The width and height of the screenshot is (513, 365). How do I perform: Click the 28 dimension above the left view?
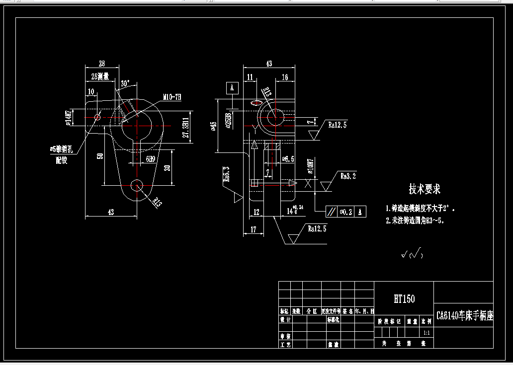coord(102,64)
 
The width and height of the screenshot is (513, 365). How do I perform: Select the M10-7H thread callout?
coord(171,97)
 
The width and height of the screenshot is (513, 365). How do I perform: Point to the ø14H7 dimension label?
coord(70,117)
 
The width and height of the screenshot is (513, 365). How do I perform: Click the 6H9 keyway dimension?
coord(150,159)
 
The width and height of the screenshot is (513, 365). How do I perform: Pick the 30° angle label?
coord(125,83)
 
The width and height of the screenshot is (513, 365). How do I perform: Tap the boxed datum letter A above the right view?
coord(232,88)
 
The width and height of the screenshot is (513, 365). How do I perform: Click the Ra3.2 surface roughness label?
coord(348,176)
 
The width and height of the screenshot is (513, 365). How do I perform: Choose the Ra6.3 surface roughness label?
coord(227,175)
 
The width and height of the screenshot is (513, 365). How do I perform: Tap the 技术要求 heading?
coord(425,189)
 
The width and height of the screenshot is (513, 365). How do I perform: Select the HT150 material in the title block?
coord(404,299)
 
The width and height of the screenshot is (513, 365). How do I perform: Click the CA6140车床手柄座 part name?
coord(464,316)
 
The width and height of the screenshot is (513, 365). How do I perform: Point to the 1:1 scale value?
coord(427,333)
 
